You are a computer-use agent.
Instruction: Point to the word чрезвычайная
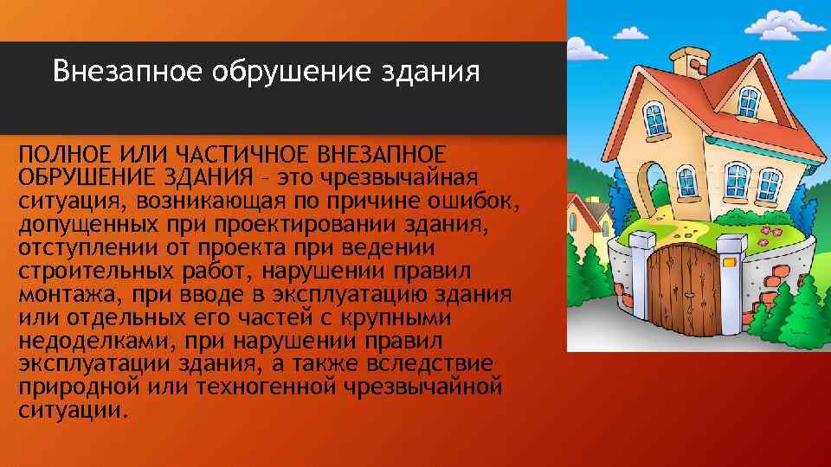pyautogui.click(x=399, y=177)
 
